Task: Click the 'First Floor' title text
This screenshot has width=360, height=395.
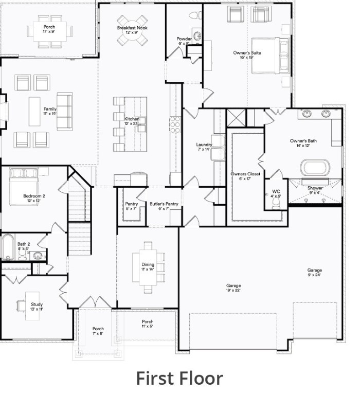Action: [x=179, y=378]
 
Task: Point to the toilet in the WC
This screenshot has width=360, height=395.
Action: [x=276, y=204]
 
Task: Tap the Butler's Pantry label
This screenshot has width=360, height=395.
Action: [x=164, y=206]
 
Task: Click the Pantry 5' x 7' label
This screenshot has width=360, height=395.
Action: [x=131, y=206]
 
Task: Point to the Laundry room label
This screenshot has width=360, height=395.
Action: [x=204, y=147]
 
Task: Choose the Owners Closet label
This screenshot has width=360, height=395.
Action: [x=245, y=176]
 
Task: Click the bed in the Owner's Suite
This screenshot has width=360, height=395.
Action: [x=269, y=55]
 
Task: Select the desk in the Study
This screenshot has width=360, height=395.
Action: [x=23, y=306]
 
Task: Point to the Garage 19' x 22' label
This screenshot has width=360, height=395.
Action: [x=233, y=288]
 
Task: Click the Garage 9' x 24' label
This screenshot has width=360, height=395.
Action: [x=315, y=273]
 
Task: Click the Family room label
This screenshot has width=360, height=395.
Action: [x=50, y=111]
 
